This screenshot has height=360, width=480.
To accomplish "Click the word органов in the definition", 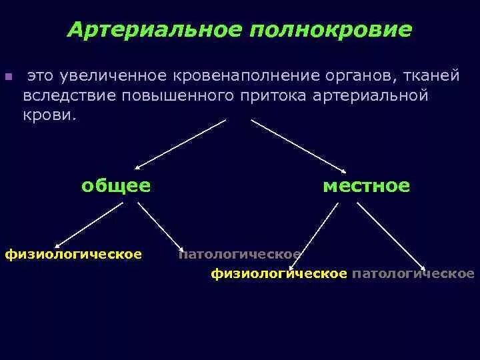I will pos(346,76).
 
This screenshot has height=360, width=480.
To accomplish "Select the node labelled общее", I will pos(115,185).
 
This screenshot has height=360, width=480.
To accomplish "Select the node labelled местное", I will pos(366,185).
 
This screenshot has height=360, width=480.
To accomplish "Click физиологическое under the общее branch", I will pos(73,254).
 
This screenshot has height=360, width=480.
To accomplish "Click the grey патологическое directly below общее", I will pos(240,254).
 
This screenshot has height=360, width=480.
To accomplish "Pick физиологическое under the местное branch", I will pos(279,273).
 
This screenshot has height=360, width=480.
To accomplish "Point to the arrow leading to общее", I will pos(180,143).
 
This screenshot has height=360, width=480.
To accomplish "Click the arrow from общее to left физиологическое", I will pos(89,225).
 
